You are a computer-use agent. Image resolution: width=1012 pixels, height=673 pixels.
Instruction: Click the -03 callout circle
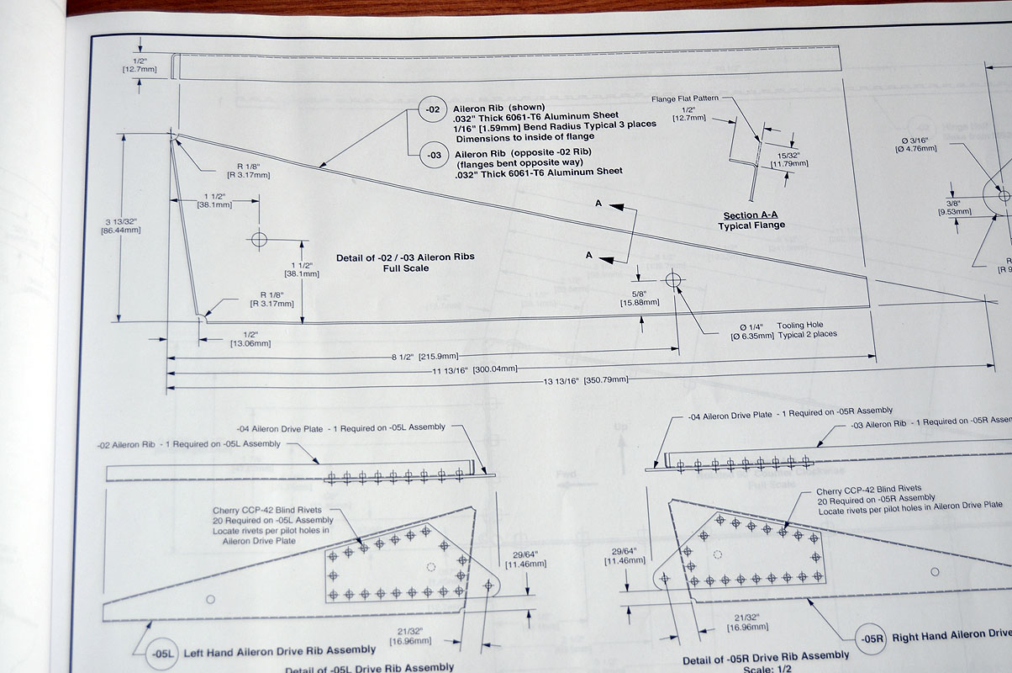(433, 155)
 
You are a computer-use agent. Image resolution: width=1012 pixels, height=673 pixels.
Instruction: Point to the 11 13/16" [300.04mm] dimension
(473, 368)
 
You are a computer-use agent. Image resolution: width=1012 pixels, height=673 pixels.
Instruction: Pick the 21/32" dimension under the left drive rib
(409, 635)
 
